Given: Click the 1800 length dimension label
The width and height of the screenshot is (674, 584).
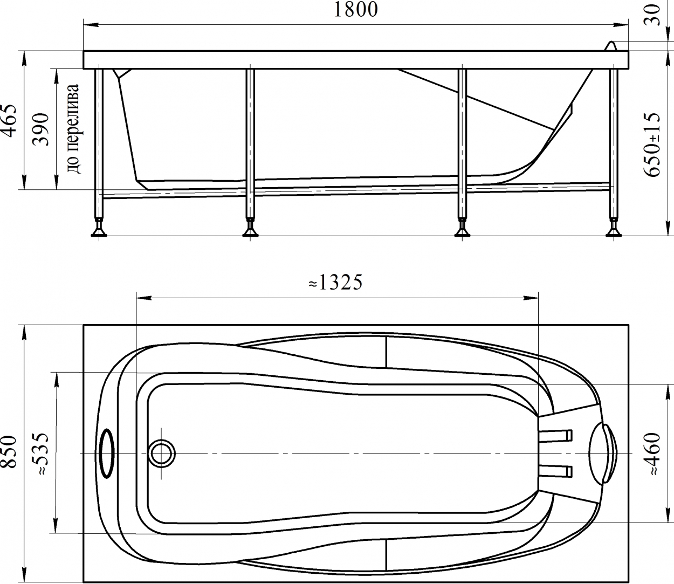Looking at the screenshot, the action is click(x=356, y=10).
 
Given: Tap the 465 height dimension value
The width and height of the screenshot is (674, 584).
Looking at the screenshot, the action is click(x=9, y=121).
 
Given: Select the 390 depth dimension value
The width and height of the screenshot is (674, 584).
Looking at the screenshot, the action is click(x=41, y=129).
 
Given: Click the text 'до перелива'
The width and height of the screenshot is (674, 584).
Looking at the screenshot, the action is click(x=73, y=129).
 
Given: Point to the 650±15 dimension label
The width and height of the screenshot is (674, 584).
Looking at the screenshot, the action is click(x=652, y=145).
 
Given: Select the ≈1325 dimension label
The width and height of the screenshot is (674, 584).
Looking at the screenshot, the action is click(x=335, y=282).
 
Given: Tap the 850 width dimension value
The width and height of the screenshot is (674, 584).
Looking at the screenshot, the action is click(x=9, y=452).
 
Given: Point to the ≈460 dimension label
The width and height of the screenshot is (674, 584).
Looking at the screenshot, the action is click(x=652, y=454).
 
